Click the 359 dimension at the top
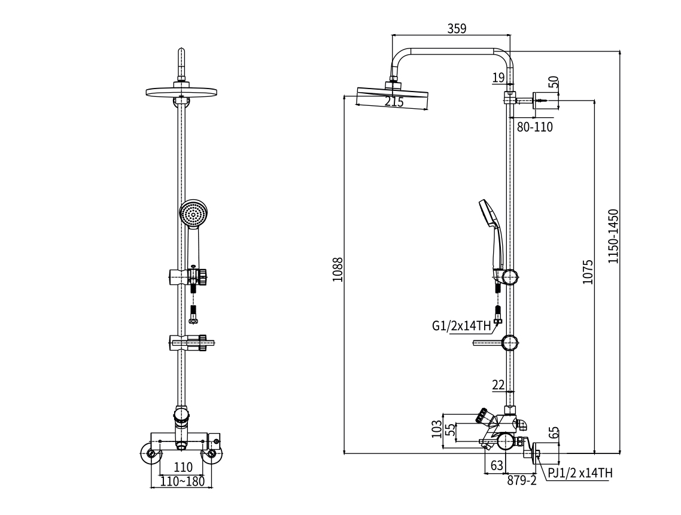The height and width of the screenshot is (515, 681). (x=456, y=28)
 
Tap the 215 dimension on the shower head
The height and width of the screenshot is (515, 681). (x=394, y=102)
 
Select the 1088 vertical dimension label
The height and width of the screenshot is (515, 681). (x=338, y=270)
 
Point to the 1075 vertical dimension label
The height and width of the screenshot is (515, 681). (x=588, y=272)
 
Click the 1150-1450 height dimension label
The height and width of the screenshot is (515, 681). (x=613, y=236)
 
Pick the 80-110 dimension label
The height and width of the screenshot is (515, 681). (x=535, y=127)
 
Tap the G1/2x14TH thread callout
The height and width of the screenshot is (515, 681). (x=461, y=326)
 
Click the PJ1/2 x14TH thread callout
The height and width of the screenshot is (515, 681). (x=580, y=473)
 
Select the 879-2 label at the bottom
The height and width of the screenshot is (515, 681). (x=522, y=480)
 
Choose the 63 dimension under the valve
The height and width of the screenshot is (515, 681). (x=497, y=465)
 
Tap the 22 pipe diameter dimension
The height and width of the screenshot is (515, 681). (x=498, y=385)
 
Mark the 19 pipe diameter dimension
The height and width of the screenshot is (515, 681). (x=498, y=77)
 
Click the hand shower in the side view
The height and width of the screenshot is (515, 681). (x=492, y=236)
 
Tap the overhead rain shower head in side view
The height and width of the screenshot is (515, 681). (x=393, y=98)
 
